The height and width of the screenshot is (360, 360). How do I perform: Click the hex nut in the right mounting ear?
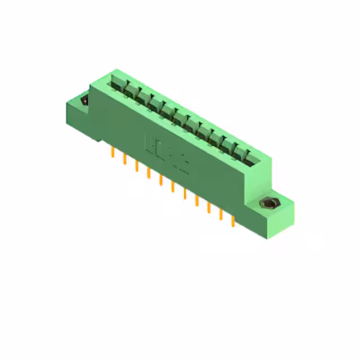point(266,204)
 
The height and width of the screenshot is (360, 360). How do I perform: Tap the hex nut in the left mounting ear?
point(84,101)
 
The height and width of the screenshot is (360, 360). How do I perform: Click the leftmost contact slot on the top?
point(118,84)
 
